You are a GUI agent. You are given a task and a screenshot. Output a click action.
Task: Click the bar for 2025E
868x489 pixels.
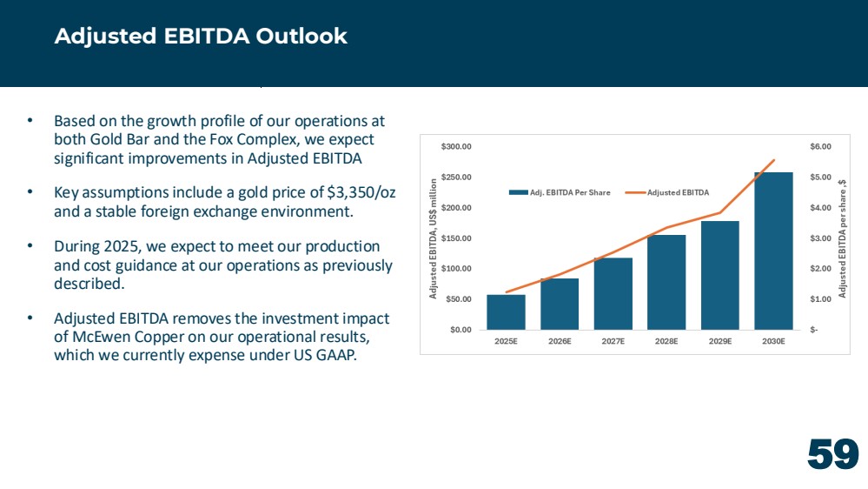pyautogui.click(x=506, y=312)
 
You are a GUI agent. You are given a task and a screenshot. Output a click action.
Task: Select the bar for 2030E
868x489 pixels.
pyautogui.click(x=773, y=251)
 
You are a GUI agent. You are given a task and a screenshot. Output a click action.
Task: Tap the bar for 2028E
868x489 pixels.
pyautogui.click(x=666, y=282)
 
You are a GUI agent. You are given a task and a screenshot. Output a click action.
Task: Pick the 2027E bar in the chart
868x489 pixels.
pyautogui.click(x=613, y=294)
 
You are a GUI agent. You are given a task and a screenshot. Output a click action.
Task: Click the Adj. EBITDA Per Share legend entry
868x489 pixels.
pyautogui.click(x=560, y=192)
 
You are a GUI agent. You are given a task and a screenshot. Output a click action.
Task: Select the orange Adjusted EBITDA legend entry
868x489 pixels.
pyautogui.click(x=667, y=192)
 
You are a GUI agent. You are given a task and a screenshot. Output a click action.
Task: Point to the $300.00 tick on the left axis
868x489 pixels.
pyautogui.click(x=456, y=147)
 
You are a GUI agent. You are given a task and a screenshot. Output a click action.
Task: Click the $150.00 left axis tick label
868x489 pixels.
pyautogui.click(x=456, y=238)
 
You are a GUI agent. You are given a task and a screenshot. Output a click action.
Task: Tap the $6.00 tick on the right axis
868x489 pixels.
pyautogui.click(x=820, y=147)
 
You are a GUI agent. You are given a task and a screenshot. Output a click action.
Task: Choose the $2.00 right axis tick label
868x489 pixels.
pyautogui.click(x=820, y=269)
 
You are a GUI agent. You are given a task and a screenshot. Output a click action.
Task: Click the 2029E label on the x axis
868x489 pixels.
pyautogui.click(x=720, y=342)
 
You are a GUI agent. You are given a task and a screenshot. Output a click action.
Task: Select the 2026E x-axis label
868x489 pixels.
pyautogui.click(x=560, y=342)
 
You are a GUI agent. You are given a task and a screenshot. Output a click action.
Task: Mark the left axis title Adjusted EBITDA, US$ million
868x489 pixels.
pyautogui.click(x=434, y=239)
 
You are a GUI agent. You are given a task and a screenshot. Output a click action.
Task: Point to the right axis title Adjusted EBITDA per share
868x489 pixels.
pyautogui.click(x=842, y=239)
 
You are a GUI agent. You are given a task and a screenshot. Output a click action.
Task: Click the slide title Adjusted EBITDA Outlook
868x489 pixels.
pyautogui.click(x=201, y=36)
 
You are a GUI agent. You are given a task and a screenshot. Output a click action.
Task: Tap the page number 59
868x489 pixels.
pyautogui.click(x=833, y=454)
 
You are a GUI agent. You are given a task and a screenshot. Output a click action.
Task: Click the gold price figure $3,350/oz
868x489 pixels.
pyautogui.click(x=361, y=193)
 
